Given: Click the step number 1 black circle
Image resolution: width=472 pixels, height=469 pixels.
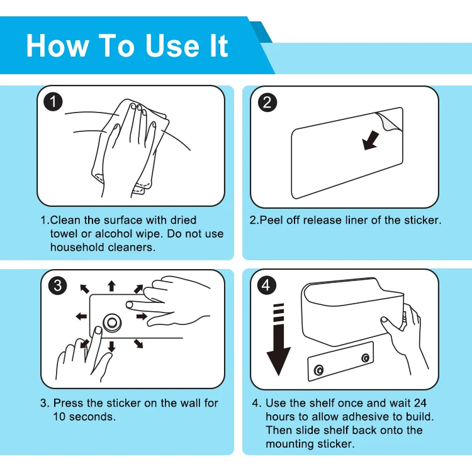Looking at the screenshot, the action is pos(53,102).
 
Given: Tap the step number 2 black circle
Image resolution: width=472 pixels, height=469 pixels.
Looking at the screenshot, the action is pos(267,102).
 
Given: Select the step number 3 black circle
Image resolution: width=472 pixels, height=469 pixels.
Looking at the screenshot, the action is pos(57,285).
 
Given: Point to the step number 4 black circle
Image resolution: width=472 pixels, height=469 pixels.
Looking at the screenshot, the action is pos(266,285).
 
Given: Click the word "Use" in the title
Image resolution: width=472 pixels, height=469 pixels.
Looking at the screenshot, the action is pos(172,45).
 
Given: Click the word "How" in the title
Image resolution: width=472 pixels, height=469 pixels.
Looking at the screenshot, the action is pos(57,45).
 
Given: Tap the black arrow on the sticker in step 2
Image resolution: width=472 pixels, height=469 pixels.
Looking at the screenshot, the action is pos(371,140).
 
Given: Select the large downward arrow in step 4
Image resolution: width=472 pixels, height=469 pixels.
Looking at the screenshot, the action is pos(279,339).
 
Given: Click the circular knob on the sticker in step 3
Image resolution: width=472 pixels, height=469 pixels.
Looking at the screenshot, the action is pos(112,323).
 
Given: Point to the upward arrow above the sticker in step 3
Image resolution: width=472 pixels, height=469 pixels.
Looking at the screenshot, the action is pos(111,286).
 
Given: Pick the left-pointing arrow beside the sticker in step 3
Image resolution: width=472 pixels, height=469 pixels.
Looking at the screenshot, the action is pos(81,316).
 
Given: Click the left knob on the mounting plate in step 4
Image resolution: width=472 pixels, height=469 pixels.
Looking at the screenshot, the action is pos(319,370).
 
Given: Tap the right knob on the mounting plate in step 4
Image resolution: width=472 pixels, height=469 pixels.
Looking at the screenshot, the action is pos(366,358).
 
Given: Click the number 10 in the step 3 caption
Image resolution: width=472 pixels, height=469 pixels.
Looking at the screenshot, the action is pos(59,417).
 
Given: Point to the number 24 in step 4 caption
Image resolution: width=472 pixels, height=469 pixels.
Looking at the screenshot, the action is pos(420,403).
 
